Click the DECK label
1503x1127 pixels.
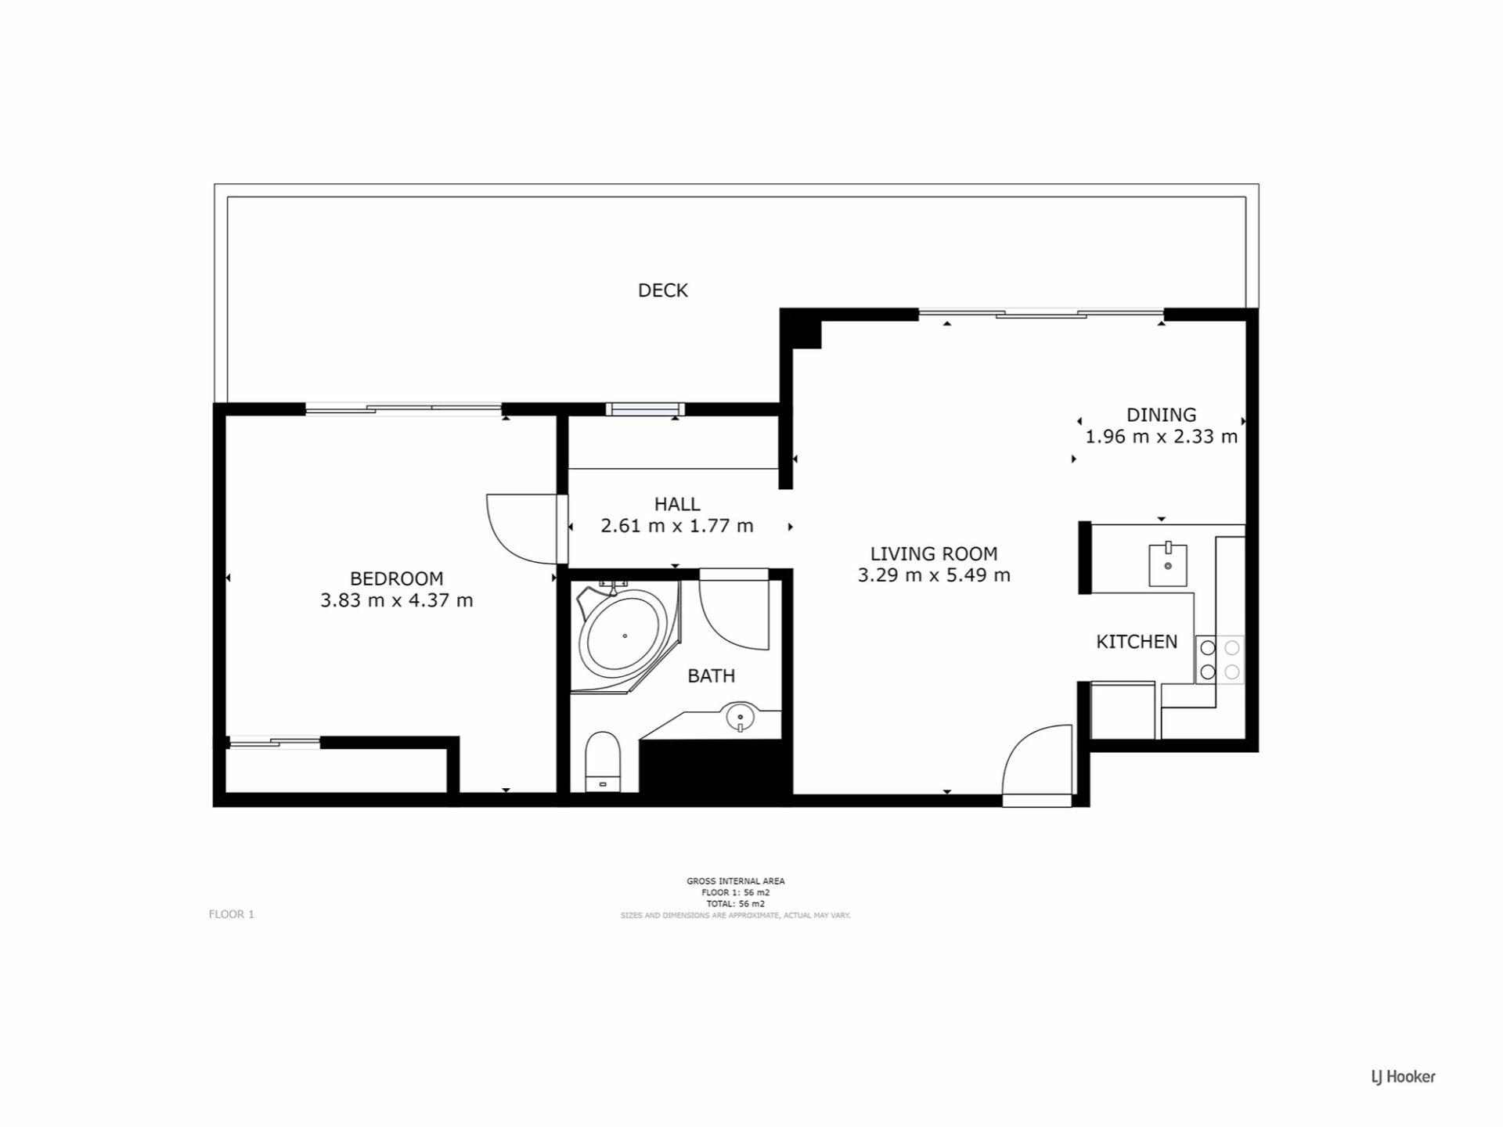[x=662, y=290]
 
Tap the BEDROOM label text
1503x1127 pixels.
[x=396, y=578]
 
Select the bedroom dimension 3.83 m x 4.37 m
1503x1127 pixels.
[x=396, y=600]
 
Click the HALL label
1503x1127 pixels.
[x=677, y=504]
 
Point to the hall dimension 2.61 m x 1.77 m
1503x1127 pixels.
[x=677, y=526]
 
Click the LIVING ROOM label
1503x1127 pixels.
[x=934, y=553]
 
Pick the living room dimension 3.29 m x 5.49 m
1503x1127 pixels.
[x=934, y=575]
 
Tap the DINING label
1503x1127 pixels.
[x=1161, y=415]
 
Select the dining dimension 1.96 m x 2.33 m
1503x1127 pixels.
[x=1161, y=437]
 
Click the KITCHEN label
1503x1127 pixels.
[x=1137, y=642]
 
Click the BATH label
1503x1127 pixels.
[x=711, y=675]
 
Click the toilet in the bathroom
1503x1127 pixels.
[x=603, y=762]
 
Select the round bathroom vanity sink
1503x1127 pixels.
[x=740, y=716]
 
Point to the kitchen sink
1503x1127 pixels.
[x=1168, y=564]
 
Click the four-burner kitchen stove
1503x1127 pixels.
[x=1220, y=659]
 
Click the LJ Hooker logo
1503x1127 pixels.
[x=1403, y=1077]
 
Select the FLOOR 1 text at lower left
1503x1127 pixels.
[x=232, y=914]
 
